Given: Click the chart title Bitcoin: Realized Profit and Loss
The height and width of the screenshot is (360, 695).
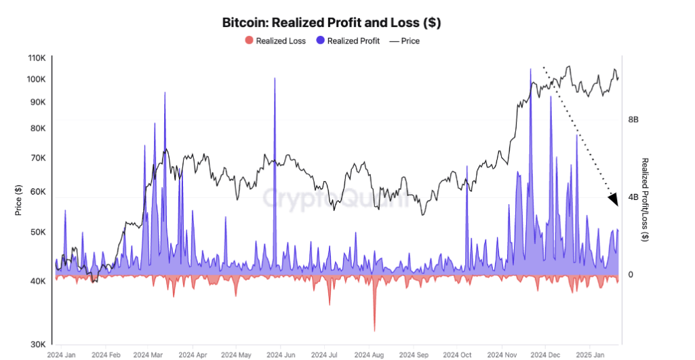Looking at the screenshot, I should [332, 22].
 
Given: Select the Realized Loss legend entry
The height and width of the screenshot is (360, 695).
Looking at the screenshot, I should [275, 41].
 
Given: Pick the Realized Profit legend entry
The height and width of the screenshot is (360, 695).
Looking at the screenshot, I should [347, 41].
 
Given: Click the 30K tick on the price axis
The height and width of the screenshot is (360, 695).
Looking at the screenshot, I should [37, 344].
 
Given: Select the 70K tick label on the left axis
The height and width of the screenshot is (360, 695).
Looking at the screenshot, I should [37, 158].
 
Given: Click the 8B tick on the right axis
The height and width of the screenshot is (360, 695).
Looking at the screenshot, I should [633, 119].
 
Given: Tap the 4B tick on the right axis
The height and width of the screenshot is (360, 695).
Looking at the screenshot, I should [633, 197].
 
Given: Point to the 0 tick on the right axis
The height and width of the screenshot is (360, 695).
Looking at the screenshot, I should [631, 275].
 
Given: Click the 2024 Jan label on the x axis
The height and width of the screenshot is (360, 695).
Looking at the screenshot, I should [62, 355].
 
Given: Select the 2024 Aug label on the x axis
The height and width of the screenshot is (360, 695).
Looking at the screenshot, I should [369, 355].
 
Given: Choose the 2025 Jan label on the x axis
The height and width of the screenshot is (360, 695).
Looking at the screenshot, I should [589, 355].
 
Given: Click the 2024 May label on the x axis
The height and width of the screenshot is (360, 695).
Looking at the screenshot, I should [237, 355].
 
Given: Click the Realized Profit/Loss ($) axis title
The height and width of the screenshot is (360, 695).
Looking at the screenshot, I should [645, 199].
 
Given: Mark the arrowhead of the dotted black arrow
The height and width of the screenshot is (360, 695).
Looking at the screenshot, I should [614, 200].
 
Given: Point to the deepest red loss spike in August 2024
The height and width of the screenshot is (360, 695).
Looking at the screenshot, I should [374, 330].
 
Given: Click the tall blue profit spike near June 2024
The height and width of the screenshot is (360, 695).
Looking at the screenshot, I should [275, 79].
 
